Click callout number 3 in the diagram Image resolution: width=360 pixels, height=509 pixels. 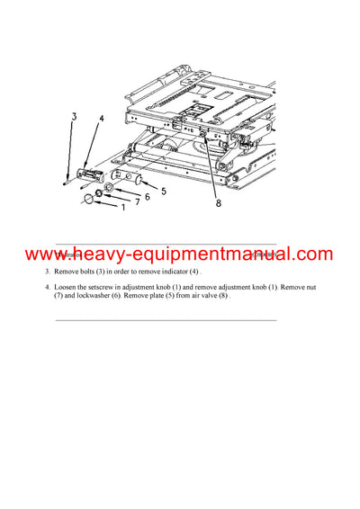[74, 116]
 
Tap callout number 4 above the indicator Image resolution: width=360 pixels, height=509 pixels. [102, 118]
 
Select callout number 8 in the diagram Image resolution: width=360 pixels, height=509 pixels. [217, 203]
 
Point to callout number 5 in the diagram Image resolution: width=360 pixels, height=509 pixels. [163, 191]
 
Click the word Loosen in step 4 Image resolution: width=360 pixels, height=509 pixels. [68, 287]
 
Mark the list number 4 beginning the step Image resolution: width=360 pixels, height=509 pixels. [48, 287]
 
